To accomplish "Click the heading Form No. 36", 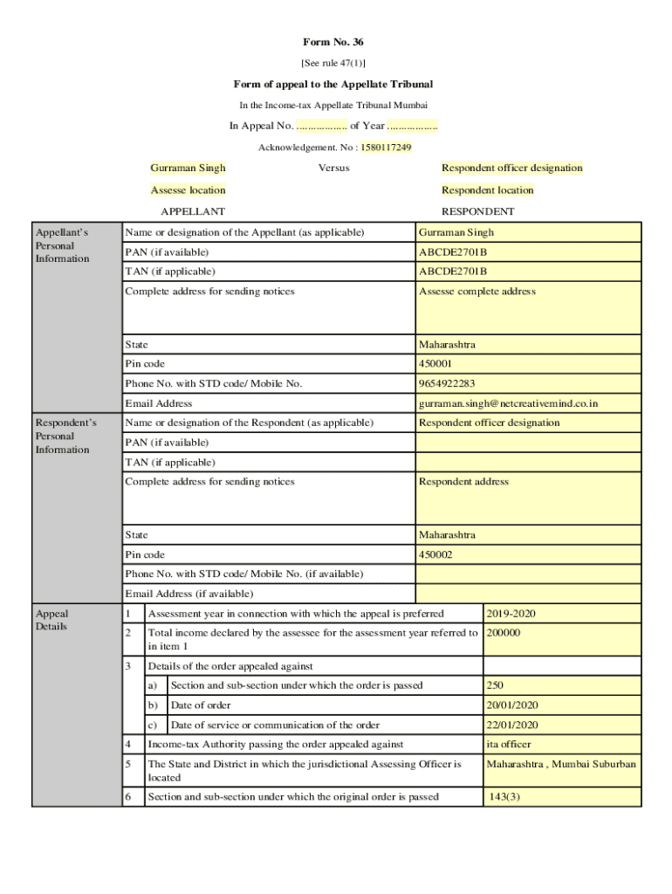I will coord(333,42).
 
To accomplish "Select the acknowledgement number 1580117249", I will coord(386,148).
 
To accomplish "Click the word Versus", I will coord(333,168).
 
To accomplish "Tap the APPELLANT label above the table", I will coord(193,211).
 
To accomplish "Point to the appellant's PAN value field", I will coord(528,252).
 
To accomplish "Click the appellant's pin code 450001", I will coord(528,363).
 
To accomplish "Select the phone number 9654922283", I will coord(528,383).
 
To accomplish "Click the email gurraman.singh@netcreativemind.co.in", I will coord(528,403).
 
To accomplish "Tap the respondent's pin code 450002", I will coord(528,554).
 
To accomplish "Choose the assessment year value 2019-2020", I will coord(561,614).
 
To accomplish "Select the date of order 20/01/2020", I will coord(561,705).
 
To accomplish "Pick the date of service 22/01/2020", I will coord(561,725).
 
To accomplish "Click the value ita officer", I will coord(561,745).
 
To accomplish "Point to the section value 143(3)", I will coord(561,796).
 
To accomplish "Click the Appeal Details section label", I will coord(51,620).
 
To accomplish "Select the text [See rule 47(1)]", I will coord(333,63).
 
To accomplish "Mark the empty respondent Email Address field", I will coord(528,594).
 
